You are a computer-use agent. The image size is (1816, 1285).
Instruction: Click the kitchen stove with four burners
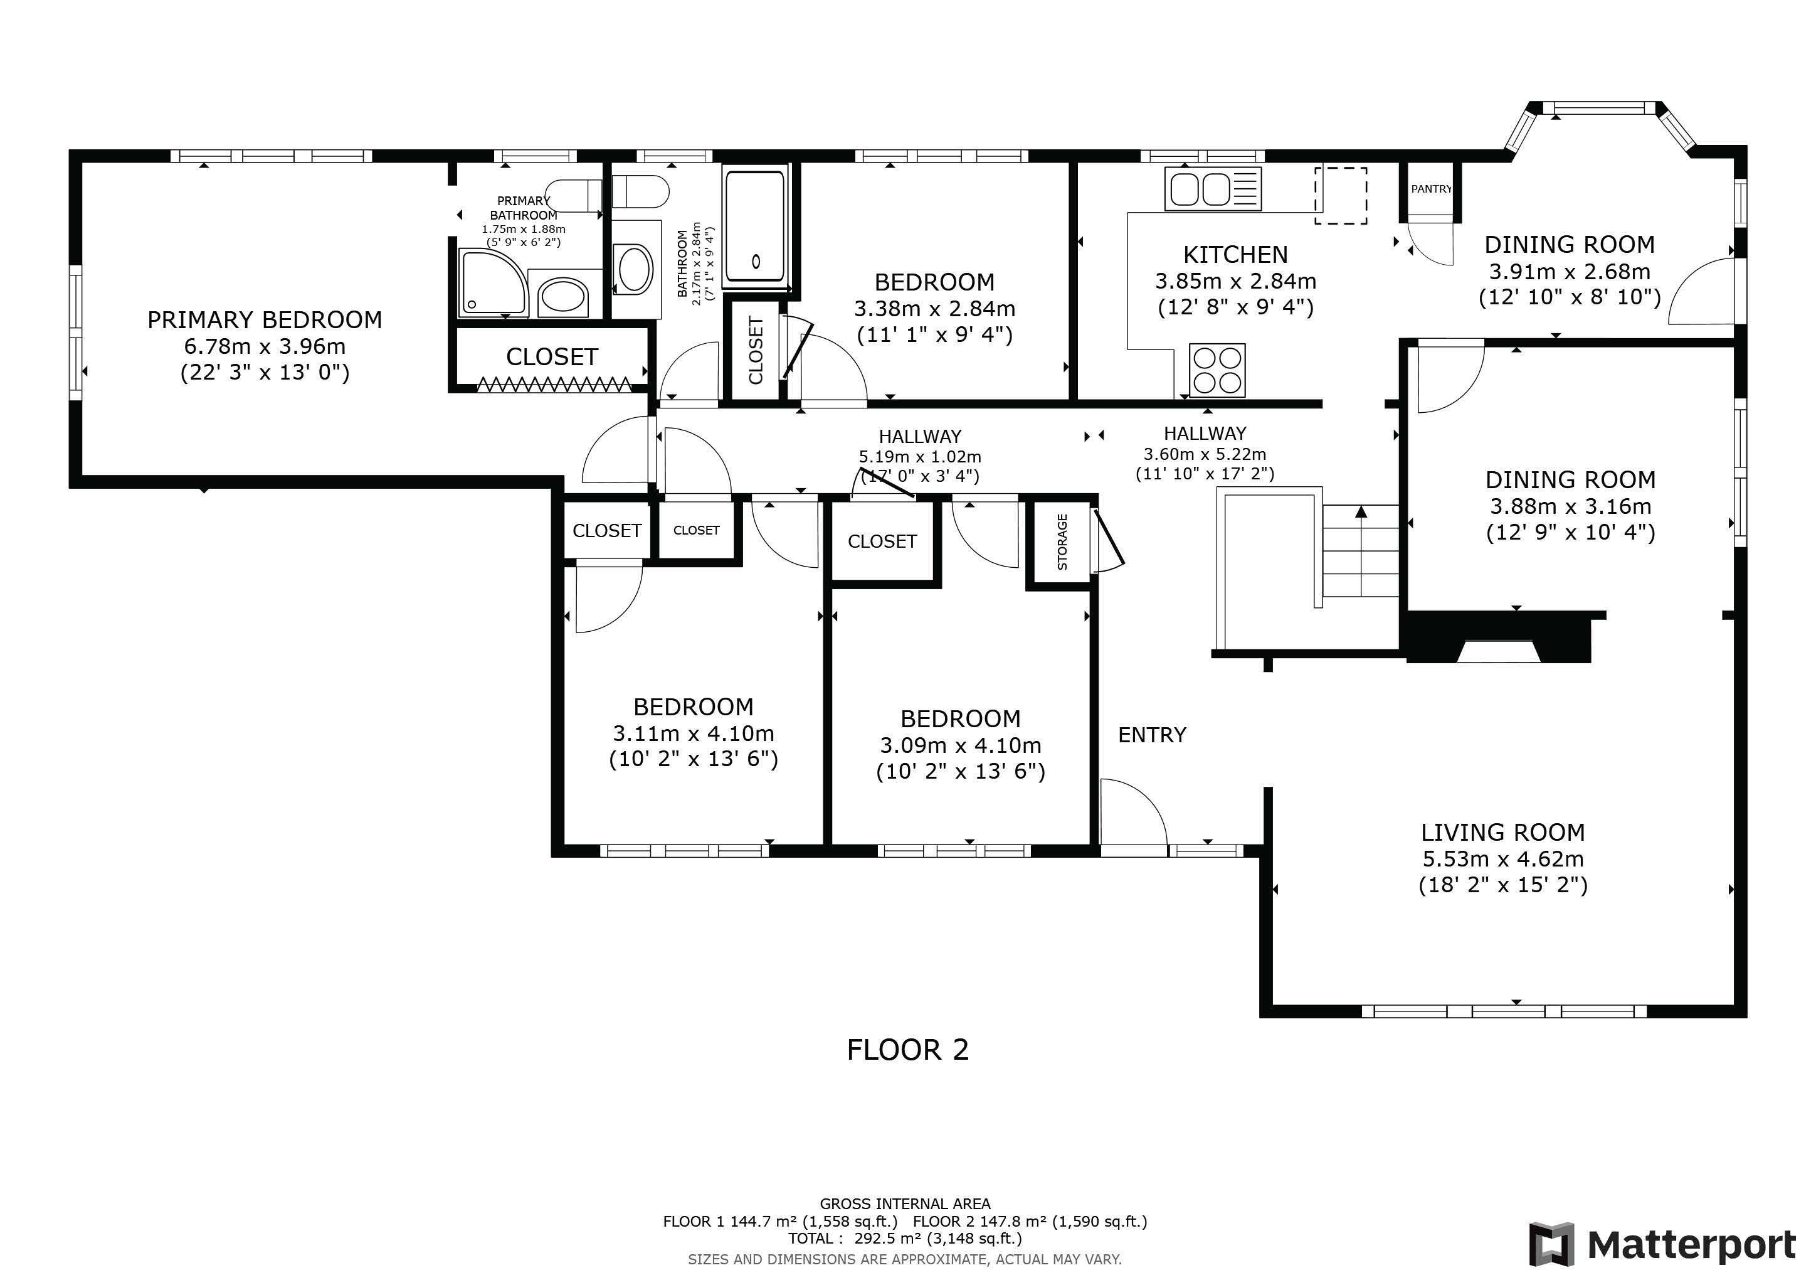coord(1217,370)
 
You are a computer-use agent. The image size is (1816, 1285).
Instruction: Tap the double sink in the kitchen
coord(1213,189)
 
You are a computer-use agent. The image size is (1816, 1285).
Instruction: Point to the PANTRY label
coord(1432,189)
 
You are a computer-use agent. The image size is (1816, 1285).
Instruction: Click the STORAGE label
coord(1062,542)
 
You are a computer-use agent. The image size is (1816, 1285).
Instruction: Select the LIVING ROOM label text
coord(1503,833)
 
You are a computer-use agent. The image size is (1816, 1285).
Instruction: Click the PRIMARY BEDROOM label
coord(265,319)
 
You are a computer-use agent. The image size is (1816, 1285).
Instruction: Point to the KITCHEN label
coord(1235,255)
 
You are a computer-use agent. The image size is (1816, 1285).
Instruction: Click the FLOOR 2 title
coord(908,1050)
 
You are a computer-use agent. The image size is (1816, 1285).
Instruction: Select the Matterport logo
coord(1662,1245)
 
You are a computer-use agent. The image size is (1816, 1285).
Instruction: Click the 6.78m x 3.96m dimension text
coord(265,346)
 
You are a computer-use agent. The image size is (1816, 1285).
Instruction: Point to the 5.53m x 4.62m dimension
coord(1503,858)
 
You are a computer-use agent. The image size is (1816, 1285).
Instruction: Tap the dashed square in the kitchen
coord(1341,195)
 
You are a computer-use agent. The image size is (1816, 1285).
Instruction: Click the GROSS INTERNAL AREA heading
coord(905,1203)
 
